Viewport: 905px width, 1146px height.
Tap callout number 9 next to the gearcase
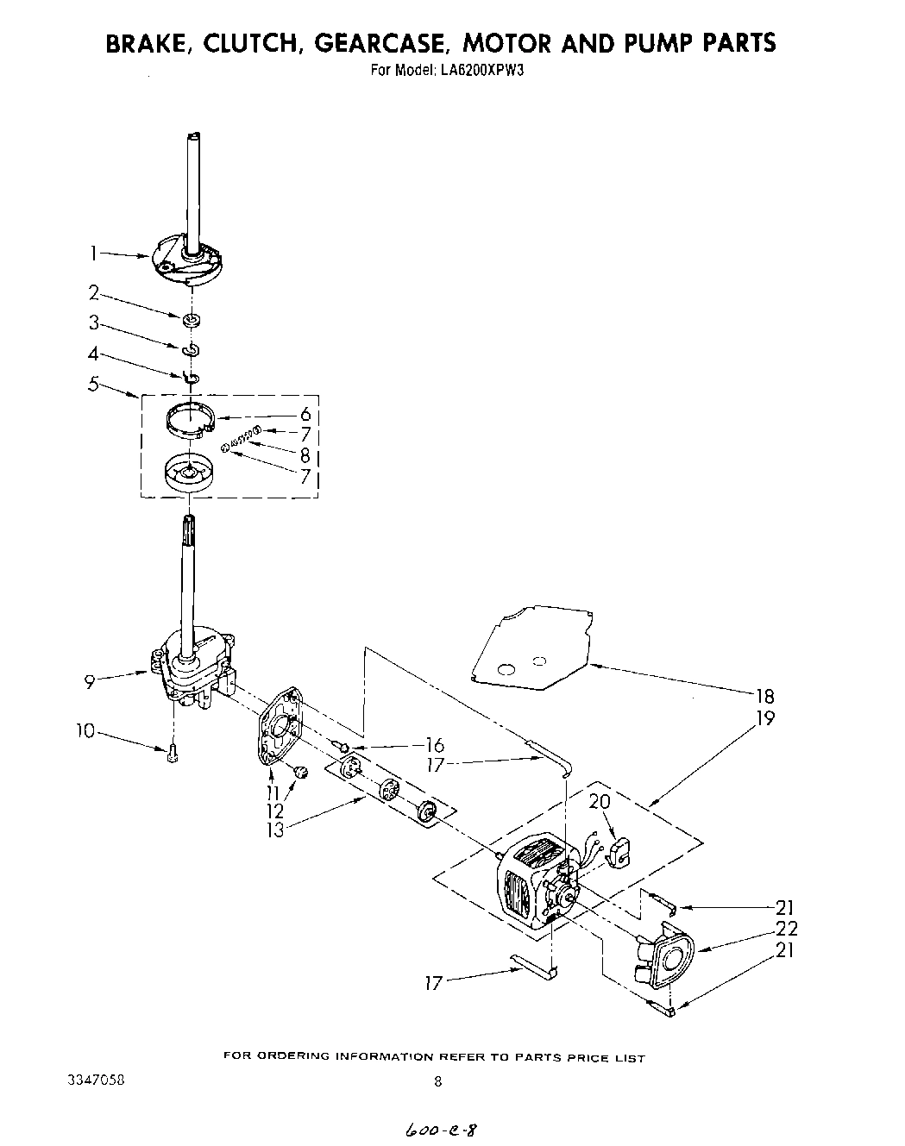(90, 682)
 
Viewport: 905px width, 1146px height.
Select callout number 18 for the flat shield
(764, 696)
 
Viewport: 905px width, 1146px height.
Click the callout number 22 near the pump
(786, 929)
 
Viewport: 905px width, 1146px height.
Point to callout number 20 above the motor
(599, 802)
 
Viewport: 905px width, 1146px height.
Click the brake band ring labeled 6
(189, 420)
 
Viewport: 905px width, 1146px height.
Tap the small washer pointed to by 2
(192, 321)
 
